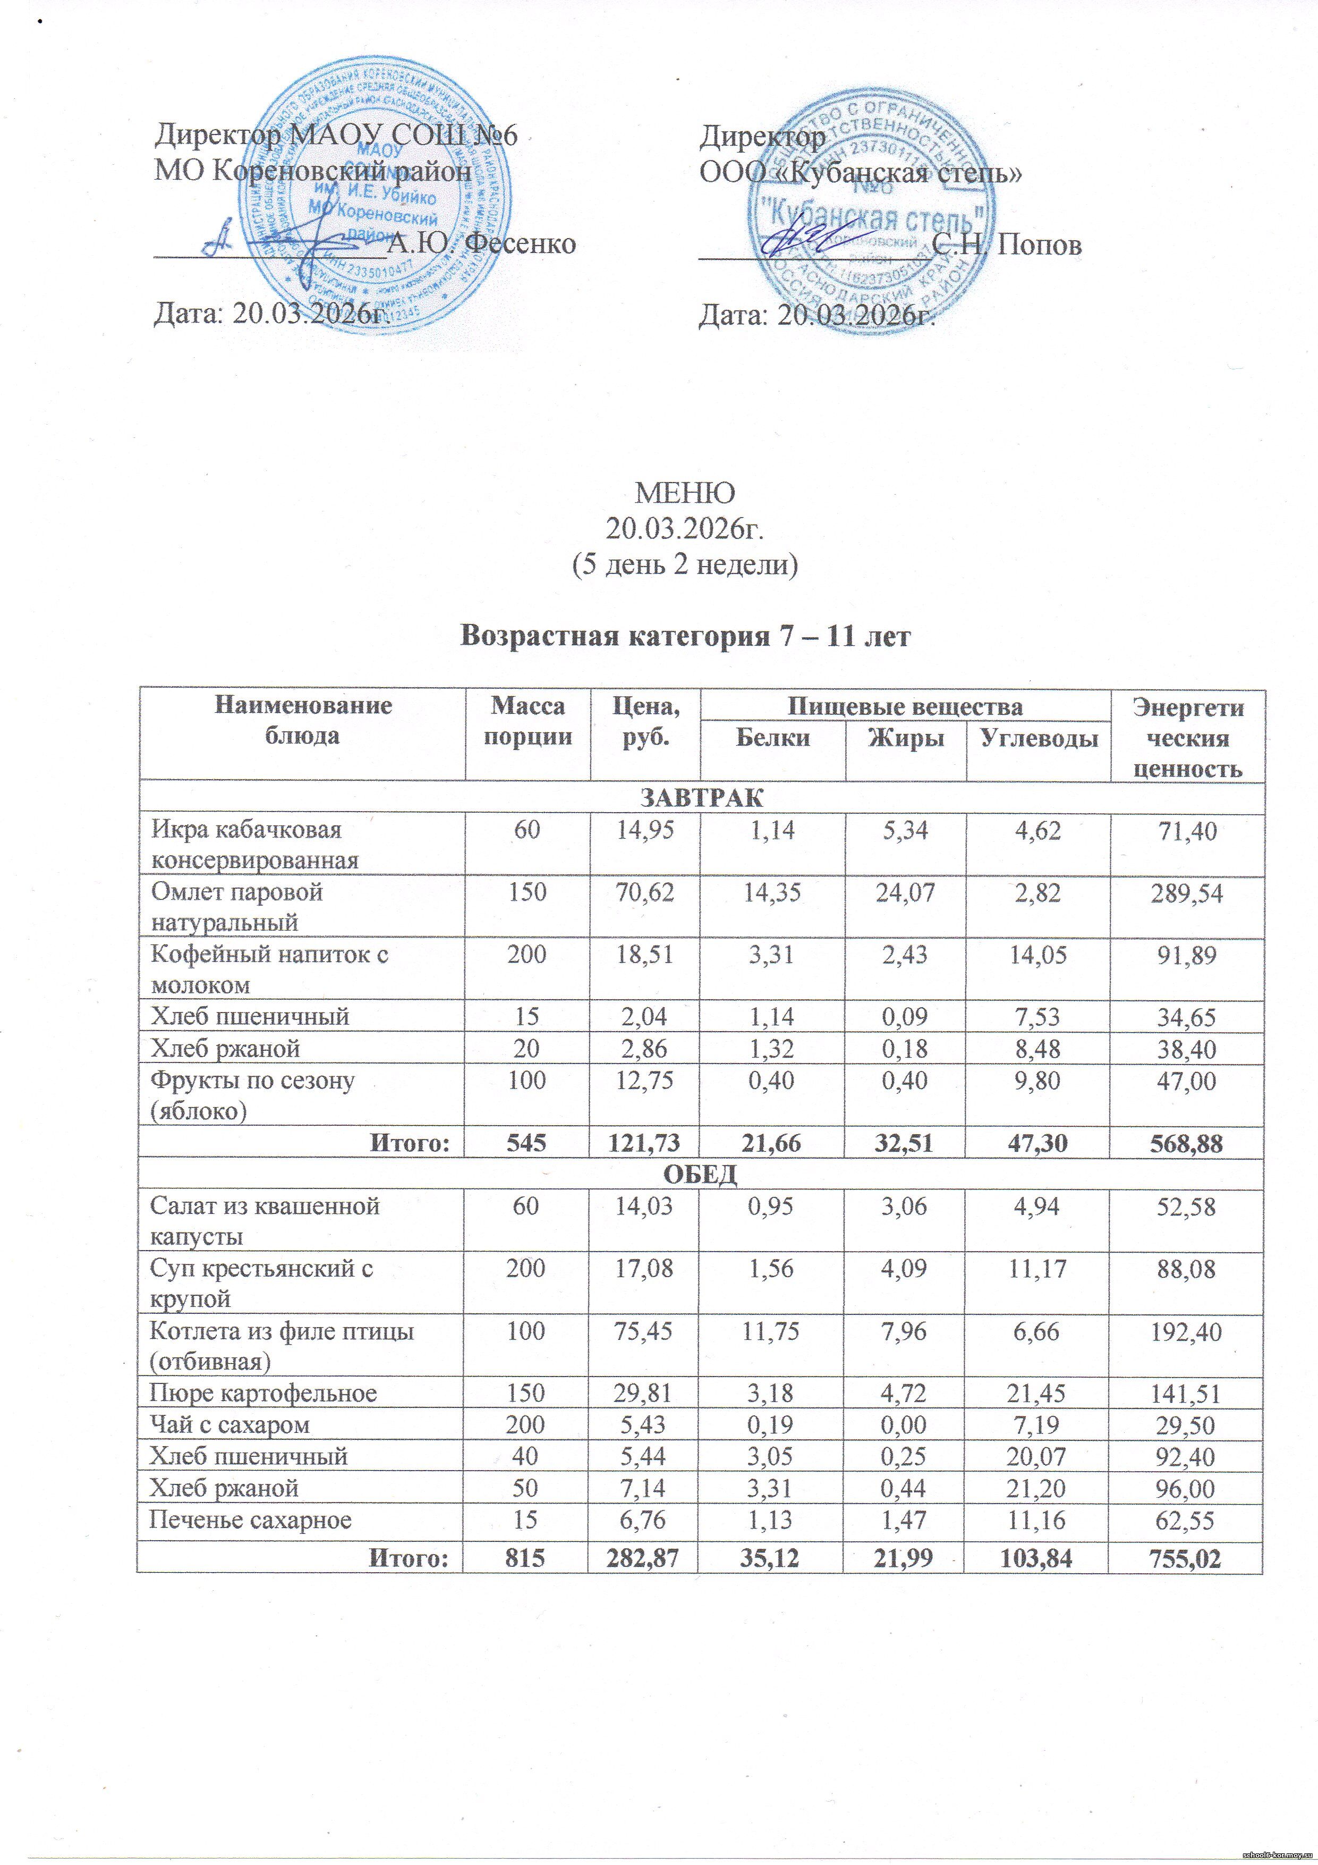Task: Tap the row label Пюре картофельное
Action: click(264, 1394)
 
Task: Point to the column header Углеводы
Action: click(1039, 738)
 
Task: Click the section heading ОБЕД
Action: click(701, 1174)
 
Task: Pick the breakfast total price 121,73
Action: click(645, 1144)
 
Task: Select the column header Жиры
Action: click(906, 738)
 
